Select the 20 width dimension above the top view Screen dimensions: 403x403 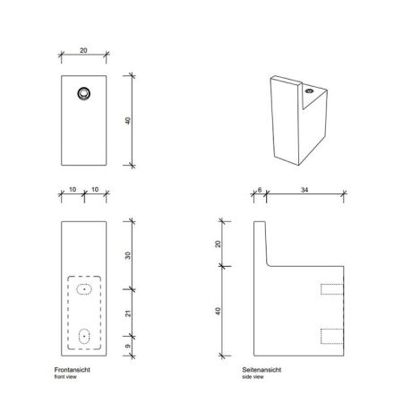coord(83,51)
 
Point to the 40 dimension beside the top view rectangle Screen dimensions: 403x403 coord(128,120)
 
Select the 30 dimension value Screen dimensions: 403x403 coord(129,254)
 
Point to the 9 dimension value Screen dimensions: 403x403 coord(129,343)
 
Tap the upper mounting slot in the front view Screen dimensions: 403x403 coord(84,289)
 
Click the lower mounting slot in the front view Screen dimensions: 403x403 coord(84,337)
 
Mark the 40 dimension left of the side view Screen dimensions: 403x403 coord(217,310)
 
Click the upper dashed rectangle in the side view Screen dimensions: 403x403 coord(333,289)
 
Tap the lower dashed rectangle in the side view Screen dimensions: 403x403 coord(333,336)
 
